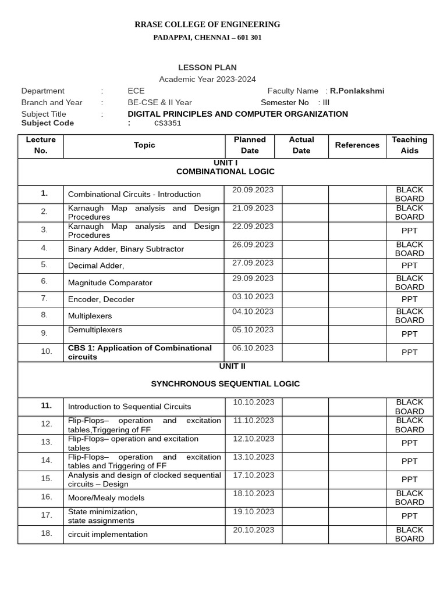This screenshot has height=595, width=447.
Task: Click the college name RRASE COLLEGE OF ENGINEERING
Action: click(207, 24)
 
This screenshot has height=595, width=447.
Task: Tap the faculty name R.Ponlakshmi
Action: click(357, 91)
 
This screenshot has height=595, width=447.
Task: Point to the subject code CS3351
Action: click(168, 123)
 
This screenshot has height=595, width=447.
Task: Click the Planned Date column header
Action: click(250, 145)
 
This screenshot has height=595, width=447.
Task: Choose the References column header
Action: click(357, 145)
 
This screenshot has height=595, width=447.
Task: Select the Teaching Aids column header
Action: click(409, 145)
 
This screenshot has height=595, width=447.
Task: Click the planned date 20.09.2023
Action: click(253, 190)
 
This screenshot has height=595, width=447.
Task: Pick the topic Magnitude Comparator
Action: click(110, 283)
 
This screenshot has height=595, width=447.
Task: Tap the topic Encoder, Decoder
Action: click(101, 299)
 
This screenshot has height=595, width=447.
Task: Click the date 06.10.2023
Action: click(253, 348)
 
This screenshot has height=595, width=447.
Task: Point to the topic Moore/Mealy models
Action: click(106, 498)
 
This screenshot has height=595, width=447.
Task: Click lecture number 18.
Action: click(47, 533)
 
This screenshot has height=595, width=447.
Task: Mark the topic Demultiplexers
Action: click(95, 330)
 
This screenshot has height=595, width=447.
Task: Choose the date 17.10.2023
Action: click(253, 475)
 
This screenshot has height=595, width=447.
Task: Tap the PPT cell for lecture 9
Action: click(409, 334)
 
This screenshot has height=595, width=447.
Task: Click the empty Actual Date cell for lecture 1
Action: click(305, 194)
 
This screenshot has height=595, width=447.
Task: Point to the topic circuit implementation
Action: click(108, 535)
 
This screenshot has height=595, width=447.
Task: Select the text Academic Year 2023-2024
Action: click(207, 79)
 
